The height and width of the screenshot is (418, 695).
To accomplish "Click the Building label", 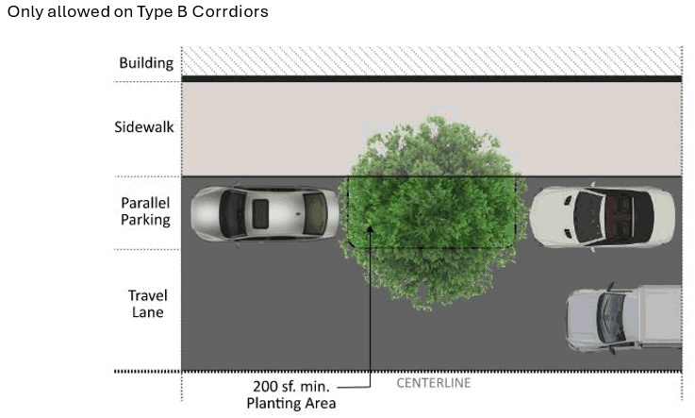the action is (146, 63).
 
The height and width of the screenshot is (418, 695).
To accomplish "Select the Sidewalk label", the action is (144, 126).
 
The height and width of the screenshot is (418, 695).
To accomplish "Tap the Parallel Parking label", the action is (145, 211).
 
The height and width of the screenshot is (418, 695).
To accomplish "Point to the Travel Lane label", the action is (147, 303).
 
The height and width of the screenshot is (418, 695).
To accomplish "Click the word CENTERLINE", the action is (433, 383).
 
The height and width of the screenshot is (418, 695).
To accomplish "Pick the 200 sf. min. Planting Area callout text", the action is (290, 394).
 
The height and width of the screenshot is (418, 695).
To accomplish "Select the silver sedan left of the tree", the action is (265, 213).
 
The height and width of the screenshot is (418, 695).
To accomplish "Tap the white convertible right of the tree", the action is (601, 216).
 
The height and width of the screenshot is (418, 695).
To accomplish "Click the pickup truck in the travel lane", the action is (623, 317).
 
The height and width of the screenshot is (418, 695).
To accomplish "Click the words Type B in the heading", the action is (163, 12).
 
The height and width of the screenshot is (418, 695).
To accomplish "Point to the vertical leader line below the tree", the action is (371, 311).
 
